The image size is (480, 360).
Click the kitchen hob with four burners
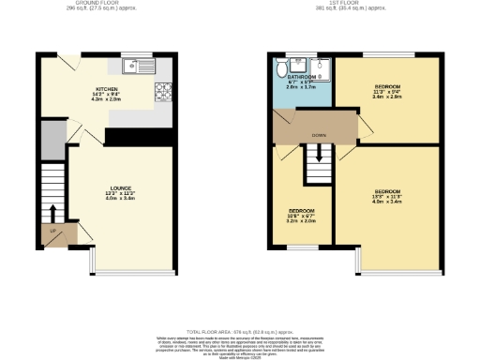[x=162, y=91]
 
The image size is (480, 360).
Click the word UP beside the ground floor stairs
[x=52, y=230]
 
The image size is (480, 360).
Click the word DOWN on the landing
[x=318, y=135]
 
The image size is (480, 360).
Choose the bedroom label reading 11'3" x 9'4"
[x=387, y=93]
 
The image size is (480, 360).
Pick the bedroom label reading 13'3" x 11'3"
[x=387, y=197]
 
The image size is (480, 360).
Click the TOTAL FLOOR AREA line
[x=240, y=332]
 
